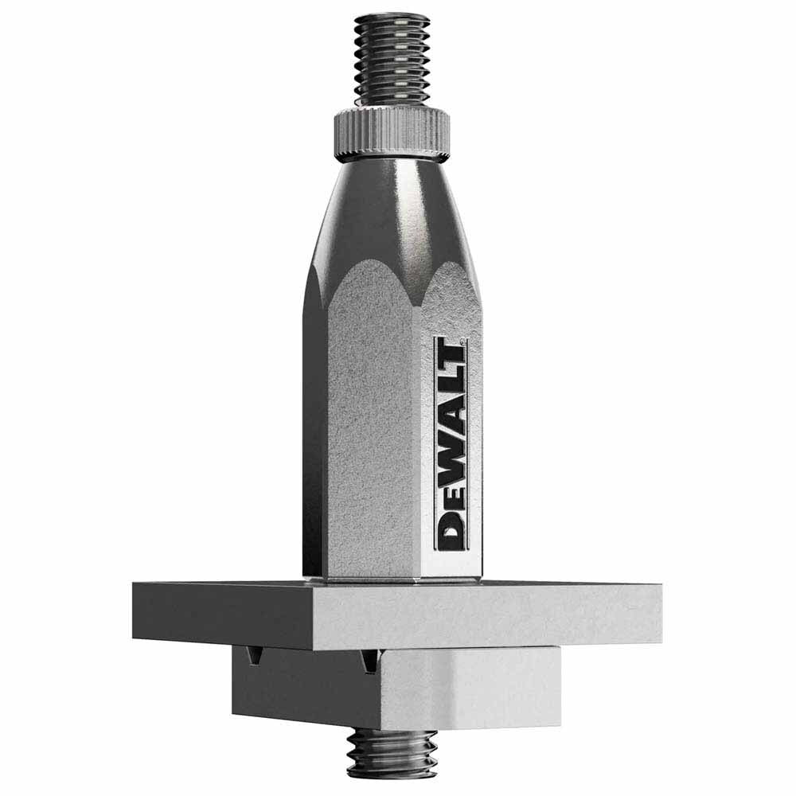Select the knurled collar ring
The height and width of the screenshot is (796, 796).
(x=391, y=134)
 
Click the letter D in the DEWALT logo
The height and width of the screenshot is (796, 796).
(x=451, y=529)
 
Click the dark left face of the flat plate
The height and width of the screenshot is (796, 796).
(x=223, y=613)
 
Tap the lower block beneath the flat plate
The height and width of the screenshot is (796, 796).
(x=398, y=689)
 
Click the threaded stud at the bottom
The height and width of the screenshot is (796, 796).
(x=391, y=752)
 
